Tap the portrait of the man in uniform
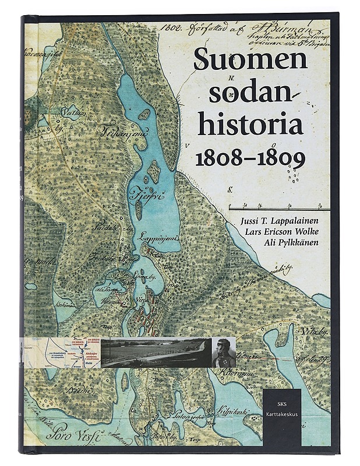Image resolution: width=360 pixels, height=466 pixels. point(223,352)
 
